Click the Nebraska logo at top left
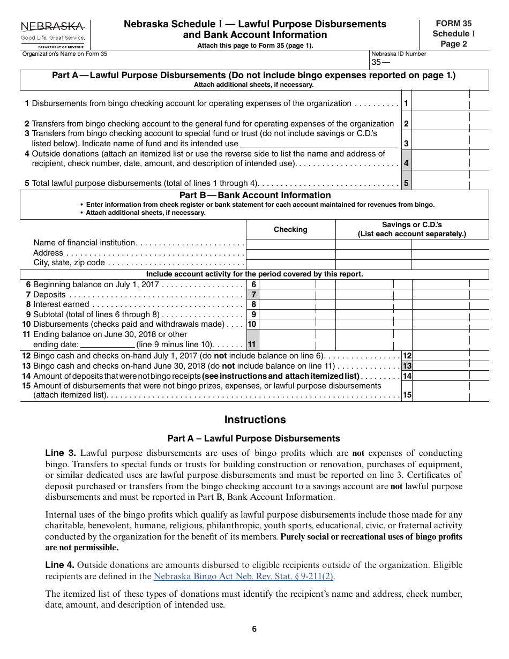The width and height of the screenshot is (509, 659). click(x=53, y=33)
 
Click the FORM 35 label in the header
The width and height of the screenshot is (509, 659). click(x=453, y=24)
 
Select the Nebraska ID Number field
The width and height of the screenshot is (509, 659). click(x=429, y=63)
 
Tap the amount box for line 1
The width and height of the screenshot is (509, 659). click(x=450, y=103)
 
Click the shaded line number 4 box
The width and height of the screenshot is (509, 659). click(x=407, y=163)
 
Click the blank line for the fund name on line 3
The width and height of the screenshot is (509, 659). click(x=319, y=143)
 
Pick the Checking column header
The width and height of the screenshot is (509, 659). click(x=290, y=229)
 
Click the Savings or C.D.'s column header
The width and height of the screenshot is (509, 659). click(x=411, y=229)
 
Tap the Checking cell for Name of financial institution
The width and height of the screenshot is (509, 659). click(x=290, y=243)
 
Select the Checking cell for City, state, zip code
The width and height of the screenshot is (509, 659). click(x=290, y=263)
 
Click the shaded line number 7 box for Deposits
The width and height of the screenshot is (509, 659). click(x=253, y=295)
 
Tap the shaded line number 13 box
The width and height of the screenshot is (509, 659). click(x=407, y=366)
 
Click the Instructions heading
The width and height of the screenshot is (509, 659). click(x=254, y=420)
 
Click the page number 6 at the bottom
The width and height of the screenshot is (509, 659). click(x=254, y=629)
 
